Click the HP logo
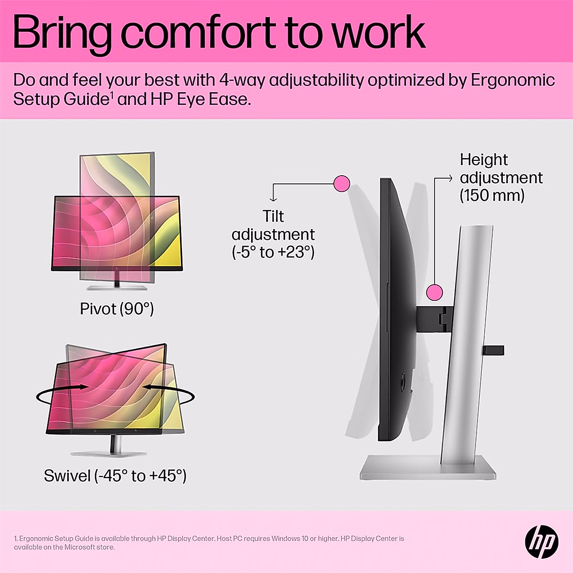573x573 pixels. (x=541, y=541)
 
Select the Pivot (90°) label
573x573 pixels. (x=117, y=309)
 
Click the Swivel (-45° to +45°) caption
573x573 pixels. (x=115, y=476)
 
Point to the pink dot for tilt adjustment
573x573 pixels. (x=341, y=183)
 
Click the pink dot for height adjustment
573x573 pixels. (x=434, y=292)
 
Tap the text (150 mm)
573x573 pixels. (x=492, y=196)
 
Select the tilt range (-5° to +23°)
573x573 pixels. (x=273, y=252)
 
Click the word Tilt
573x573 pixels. (x=273, y=216)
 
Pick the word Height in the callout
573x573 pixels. (x=484, y=159)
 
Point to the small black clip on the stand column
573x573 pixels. (x=493, y=350)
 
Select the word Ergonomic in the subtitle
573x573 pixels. (x=513, y=80)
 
